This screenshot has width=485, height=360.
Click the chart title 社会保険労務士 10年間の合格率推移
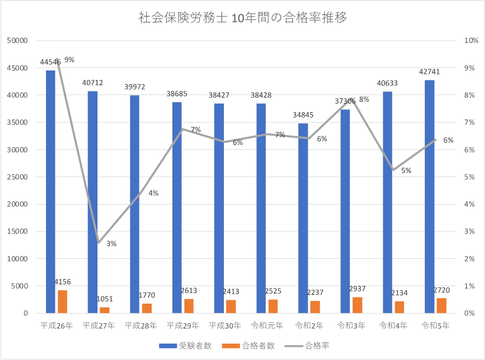coord(243,18)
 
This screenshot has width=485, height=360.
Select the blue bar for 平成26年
coord(50,191)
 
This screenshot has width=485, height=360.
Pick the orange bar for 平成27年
coord(105,310)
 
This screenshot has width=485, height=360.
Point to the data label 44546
coord(50,62)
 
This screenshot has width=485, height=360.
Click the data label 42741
coord(429,72)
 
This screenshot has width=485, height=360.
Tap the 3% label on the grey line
coord(111,244)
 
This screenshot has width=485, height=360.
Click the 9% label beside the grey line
coord(70,60)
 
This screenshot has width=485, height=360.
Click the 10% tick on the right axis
coord(471,40)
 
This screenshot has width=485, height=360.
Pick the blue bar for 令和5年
coord(429,196)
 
